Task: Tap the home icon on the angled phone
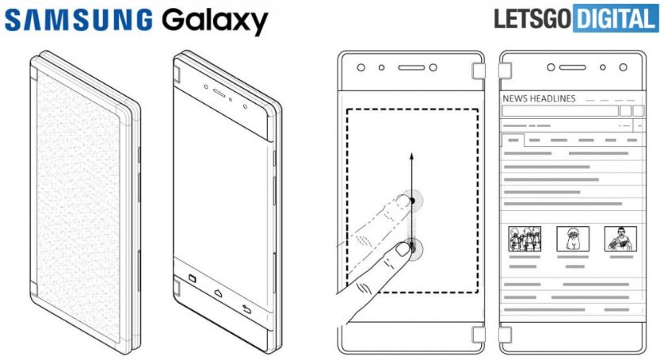click(x=215, y=293)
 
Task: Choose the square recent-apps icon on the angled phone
click(x=191, y=279)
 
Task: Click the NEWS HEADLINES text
click(x=539, y=98)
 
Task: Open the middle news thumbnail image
click(x=572, y=237)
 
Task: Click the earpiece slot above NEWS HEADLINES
click(x=572, y=68)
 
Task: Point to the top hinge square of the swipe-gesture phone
click(x=479, y=72)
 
